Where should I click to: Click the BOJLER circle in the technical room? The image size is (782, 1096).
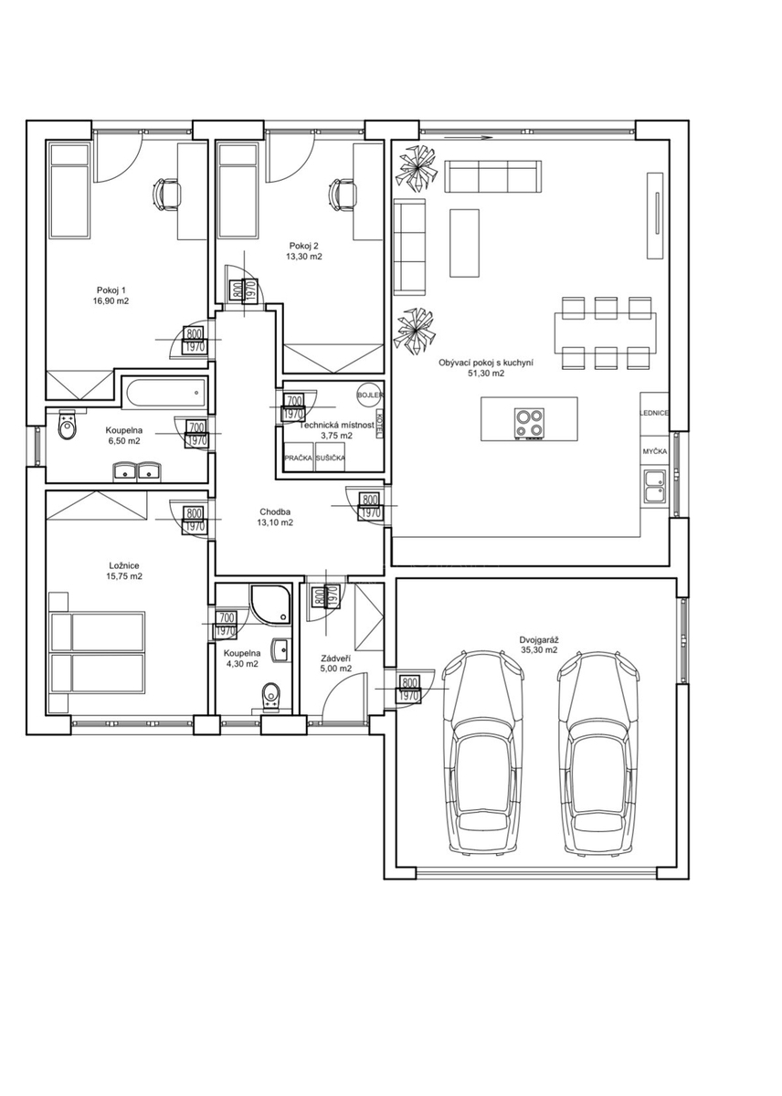367,395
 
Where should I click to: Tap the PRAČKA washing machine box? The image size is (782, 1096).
298,457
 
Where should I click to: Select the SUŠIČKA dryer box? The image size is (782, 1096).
330,457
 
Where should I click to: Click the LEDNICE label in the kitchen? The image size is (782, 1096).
653,413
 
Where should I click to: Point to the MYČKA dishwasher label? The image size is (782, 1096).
654,451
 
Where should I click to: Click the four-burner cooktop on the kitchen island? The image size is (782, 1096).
529,422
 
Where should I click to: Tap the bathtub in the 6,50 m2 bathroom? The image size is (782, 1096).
165,392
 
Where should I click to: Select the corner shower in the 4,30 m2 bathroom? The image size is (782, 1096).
269,606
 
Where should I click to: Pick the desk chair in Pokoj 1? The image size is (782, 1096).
165,195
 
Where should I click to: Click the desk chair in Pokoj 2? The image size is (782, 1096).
341,195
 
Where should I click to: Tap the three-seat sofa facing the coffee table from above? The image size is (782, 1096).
492,176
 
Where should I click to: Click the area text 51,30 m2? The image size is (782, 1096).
486,373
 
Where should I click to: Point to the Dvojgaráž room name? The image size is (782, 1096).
539,639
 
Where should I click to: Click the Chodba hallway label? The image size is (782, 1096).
275,511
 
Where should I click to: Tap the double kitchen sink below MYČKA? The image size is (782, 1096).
655,486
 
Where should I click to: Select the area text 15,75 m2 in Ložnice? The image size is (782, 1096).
124,576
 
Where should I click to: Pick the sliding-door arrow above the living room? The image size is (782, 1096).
468,139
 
